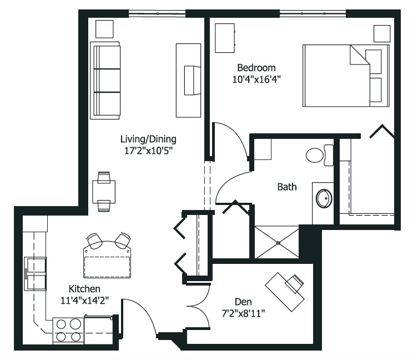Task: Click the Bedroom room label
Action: point(256,68)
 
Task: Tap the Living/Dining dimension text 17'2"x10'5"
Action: point(148,151)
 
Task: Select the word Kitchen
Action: point(84,289)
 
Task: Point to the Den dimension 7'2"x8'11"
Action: point(243,313)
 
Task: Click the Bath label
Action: point(287,187)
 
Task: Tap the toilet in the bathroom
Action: point(319,155)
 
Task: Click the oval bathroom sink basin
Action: point(324,198)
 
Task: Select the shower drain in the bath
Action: point(278,243)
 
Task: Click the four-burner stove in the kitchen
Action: point(68,331)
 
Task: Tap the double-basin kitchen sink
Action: point(35,274)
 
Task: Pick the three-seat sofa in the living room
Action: point(105,81)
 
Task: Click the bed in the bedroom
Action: point(346,76)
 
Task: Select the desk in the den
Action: point(285,292)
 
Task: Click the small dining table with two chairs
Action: point(104,192)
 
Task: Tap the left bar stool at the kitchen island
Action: point(94,241)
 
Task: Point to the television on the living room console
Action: point(192,81)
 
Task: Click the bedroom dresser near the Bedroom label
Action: point(225,38)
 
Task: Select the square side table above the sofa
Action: point(104,29)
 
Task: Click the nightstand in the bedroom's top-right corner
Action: point(382,34)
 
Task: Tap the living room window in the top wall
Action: point(157,13)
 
